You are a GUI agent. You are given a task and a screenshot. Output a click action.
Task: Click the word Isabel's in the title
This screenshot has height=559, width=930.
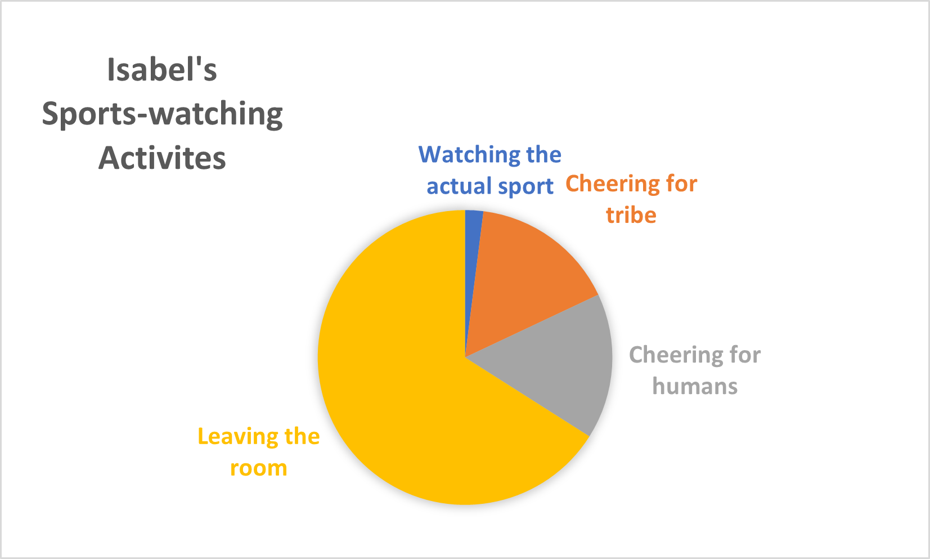(162, 70)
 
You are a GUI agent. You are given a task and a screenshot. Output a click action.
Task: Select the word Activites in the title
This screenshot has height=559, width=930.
(162, 158)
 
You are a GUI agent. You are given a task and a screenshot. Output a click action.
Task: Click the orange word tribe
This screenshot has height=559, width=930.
(631, 215)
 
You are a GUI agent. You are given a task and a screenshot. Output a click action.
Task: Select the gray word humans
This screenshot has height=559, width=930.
(695, 386)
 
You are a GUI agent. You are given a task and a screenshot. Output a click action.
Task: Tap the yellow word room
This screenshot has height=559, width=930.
(259, 468)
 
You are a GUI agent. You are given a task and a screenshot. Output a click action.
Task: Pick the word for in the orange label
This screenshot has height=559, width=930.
(682, 184)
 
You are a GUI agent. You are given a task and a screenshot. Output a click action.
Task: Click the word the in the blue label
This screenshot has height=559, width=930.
(543, 154)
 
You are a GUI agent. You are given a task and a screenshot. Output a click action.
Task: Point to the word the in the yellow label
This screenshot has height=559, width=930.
(302, 436)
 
